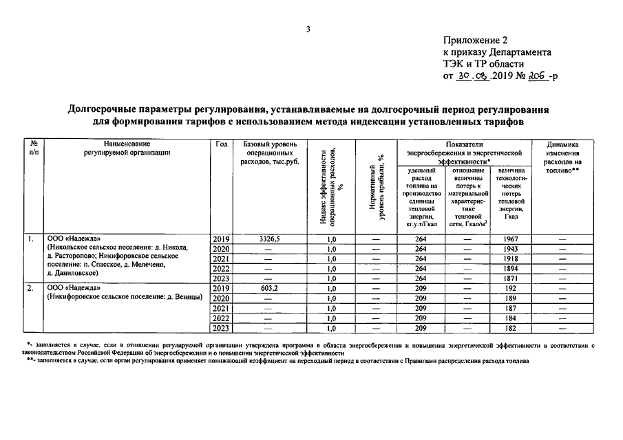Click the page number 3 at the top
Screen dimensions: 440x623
tap(309, 29)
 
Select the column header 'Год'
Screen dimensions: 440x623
tap(221, 144)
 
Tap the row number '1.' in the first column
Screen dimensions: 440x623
tap(31, 239)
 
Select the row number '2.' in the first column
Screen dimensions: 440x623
tap(31, 289)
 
